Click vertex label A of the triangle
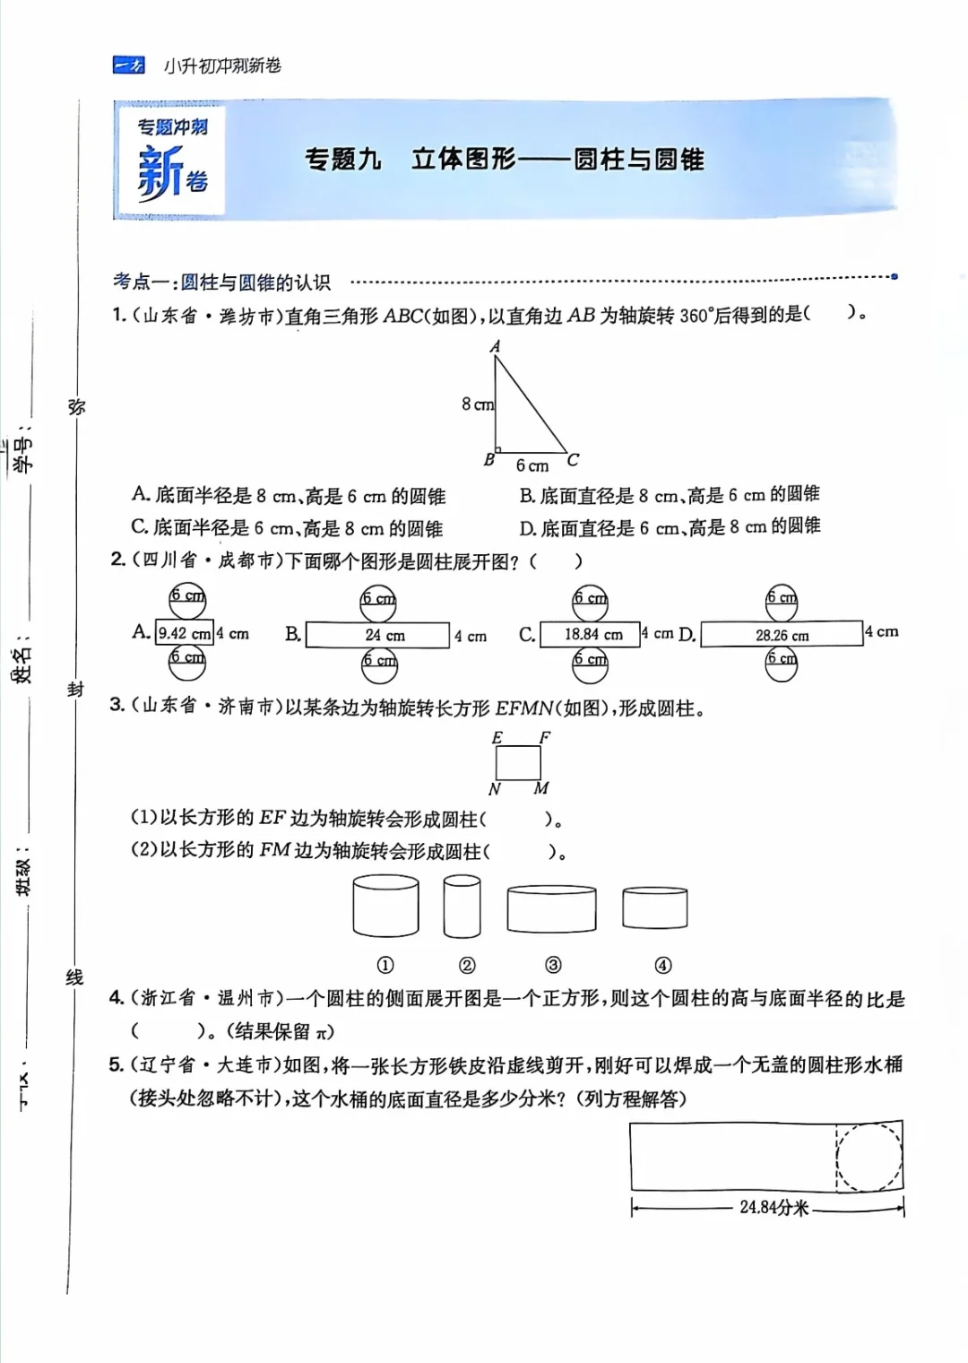tap(495, 346)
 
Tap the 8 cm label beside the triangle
tap(478, 404)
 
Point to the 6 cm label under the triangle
tap(532, 465)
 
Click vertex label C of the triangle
tap(573, 460)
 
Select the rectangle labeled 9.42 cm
tap(185, 633)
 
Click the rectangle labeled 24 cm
tap(377, 635)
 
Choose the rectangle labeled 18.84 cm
tap(590, 634)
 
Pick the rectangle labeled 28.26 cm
tap(782, 634)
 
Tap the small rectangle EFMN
tap(518, 762)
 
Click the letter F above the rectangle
tap(544, 738)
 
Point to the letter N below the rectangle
tap(494, 789)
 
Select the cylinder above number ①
tap(385, 907)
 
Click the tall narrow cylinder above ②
tap(462, 907)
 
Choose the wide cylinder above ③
tap(551, 909)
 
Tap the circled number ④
tap(662, 966)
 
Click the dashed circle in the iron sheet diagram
tap(869, 1157)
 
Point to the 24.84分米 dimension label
tap(774, 1208)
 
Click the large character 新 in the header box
tap(160, 173)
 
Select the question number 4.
tap(117, 998)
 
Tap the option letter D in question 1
tap(527, 527)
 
